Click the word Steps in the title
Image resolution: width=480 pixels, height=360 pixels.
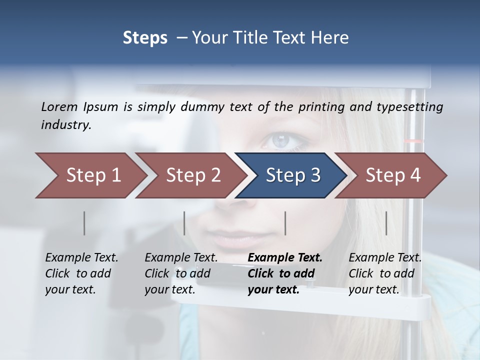pos(145,37)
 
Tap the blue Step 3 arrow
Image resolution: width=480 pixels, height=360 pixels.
pos(293,175)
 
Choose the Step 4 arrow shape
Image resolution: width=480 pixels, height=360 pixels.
pos(393,175)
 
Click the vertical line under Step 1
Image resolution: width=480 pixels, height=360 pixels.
pos(84,223)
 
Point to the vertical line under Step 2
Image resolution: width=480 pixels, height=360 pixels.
pos(184,223)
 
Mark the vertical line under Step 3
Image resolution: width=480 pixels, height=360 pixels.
pos(285,223)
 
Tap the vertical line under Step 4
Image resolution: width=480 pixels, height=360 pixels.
pos(386,223)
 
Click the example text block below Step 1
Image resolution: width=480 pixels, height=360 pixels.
pos(81,273)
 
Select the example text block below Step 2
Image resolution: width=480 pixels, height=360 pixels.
pos(181,273)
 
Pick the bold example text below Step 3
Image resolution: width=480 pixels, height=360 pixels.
pos(285,273)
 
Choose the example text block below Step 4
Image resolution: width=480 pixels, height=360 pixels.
pos(385,273)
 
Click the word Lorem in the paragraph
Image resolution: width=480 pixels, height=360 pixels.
pos(59,106)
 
